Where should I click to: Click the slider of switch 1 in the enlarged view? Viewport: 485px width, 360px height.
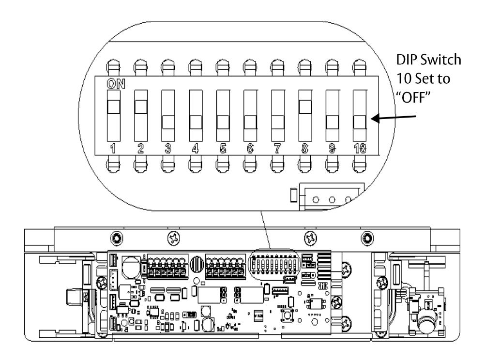tap(114, 107)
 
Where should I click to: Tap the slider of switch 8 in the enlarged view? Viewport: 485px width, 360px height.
tap(305, 107)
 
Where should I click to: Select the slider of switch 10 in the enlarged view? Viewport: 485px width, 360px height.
tap(360, 122)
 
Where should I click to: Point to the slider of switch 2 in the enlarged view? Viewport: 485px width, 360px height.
tap(141, 107)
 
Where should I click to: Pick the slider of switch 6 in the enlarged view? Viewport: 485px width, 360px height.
tap(250, 122)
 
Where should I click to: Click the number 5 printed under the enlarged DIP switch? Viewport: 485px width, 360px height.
tap(223, 149)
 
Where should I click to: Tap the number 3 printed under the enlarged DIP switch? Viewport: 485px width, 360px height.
tap(168, 149)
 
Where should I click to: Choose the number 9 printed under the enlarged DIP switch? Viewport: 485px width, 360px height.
tap(332, 149)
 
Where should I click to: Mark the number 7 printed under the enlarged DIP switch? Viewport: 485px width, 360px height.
tap(277, 149)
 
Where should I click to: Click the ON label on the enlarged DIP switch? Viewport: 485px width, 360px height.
tap(116, 84)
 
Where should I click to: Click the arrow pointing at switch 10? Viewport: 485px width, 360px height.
tap(394, 118)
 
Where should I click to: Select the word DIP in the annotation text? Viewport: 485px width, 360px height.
tap(407, 60)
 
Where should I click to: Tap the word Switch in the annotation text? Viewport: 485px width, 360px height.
tap(441, 60)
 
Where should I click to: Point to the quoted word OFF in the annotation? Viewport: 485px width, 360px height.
tap(413, 98)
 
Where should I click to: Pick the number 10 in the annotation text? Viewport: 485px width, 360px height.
tap(404, 78)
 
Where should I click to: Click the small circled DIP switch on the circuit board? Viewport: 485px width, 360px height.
tap(274, 264)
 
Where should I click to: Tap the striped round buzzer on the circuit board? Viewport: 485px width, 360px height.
tap(197, 264)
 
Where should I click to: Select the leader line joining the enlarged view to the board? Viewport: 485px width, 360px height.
tap(265, 230)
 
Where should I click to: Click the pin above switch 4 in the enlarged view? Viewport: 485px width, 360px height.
tap(195, 67)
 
